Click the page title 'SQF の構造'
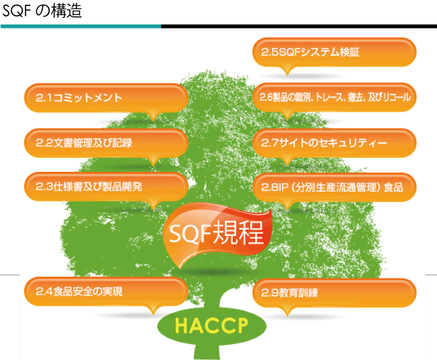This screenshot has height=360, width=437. tap(42, 11)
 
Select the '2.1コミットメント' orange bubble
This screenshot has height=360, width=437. tap(106, 98)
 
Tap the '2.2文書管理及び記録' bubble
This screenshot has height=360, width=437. tap(106, 143)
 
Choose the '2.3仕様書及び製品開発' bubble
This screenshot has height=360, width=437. tap(106, 186)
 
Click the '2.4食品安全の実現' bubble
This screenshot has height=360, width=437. tap(106, 291)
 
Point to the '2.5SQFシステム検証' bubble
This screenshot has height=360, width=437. tap(334, 52)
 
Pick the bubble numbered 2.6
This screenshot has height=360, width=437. tap(334, 97)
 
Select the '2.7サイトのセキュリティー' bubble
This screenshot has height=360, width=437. tap(334, 143)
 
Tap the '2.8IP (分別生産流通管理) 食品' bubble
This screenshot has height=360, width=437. tap(334, 187)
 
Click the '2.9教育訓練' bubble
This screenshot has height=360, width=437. tap(334, 293)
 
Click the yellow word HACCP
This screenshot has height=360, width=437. tap(212, 326)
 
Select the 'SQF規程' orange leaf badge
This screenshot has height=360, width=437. tap(217, 235)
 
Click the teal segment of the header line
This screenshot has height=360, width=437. tap(81, 26)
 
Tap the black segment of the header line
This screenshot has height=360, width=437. tap(299, 26)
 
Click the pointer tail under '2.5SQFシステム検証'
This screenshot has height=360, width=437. tap(287, 70)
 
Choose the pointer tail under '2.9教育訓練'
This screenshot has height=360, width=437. tap(287, 312)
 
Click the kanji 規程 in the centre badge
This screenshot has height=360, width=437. tap(238, 232)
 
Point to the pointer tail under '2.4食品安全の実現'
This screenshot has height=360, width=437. tap(153, 310)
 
